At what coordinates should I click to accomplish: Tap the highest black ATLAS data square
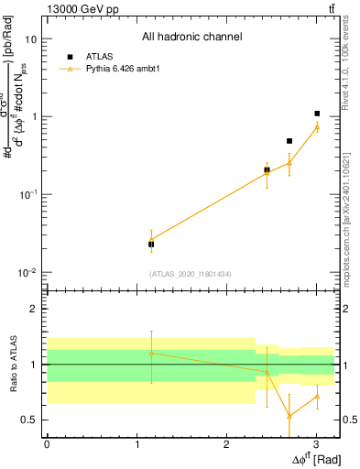pyautogui.click(x=317, y=114)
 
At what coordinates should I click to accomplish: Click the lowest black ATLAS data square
pyautogui.click(x=151, y=245)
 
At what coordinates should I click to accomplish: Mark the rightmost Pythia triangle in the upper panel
pyautogui.click(x=317, y=126)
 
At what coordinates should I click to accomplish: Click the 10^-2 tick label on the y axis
pyautogui.click(x=27, y=273)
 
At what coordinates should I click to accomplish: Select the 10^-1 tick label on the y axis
pyautogui.click(x=27, y=195)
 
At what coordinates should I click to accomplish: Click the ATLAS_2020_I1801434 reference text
pyautogui.click(x=191, y=274)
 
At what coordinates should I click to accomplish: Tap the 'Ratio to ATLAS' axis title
pyautogui.click(x=14, y=365)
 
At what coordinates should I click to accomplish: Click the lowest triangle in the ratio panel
pyautogui.click(x=289, y=416)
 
